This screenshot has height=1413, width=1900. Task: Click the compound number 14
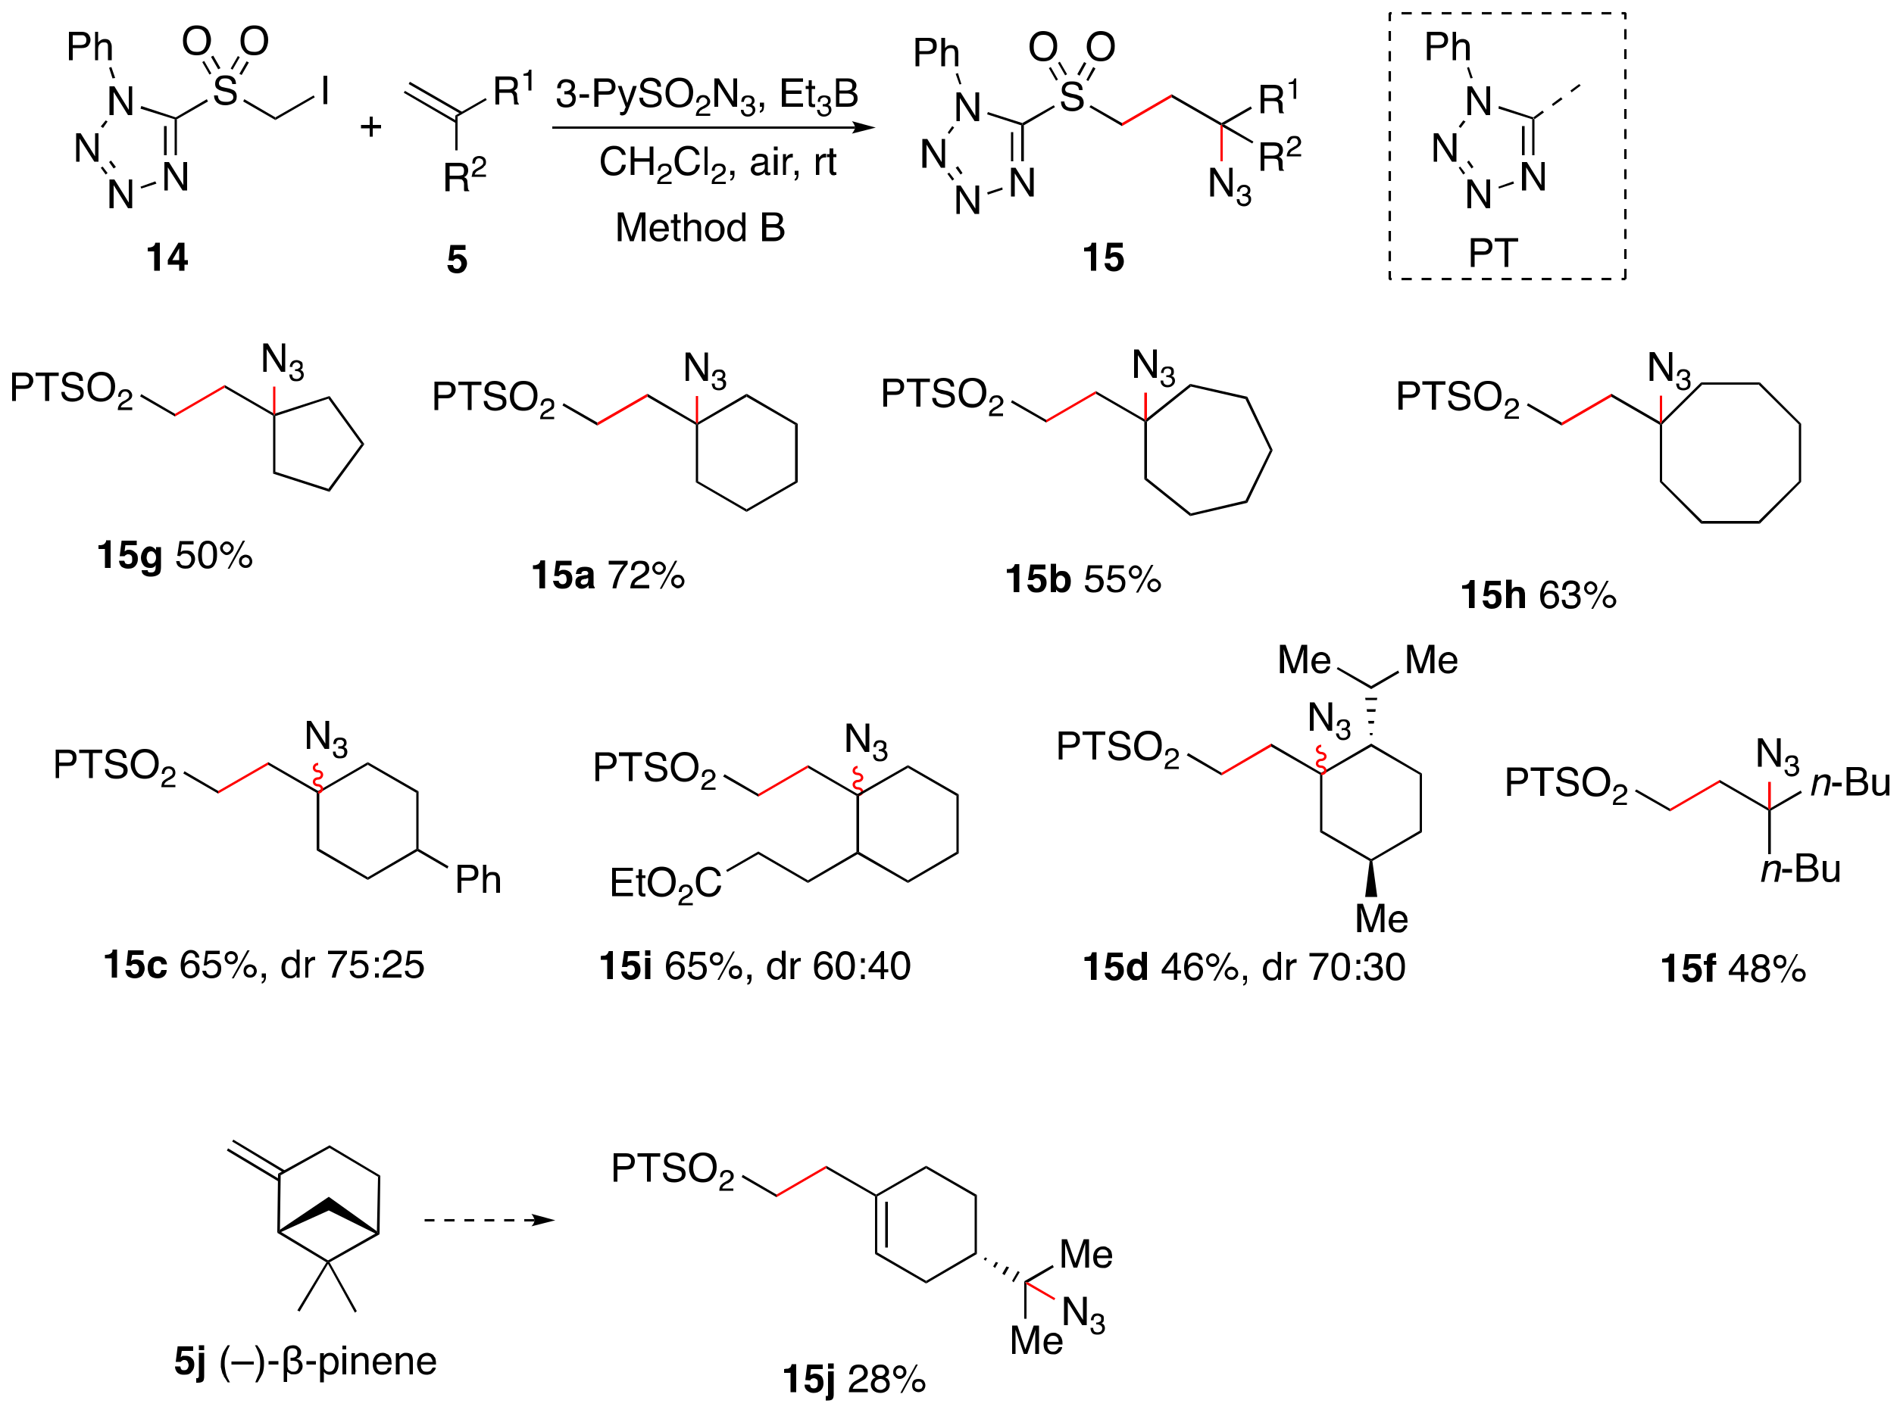[167, 257]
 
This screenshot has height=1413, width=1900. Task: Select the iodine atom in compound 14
[325, 90]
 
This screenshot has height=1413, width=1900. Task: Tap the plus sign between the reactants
[370, 127]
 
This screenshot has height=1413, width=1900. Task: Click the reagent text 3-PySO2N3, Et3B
[706, 94]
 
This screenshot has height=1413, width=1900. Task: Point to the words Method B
[700, 227]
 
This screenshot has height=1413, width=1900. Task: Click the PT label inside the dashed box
[1492, 253]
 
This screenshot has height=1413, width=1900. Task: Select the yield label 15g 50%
[174, 556]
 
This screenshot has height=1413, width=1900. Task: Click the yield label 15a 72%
[608, 575]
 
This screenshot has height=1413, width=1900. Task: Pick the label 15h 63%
[1538, 595]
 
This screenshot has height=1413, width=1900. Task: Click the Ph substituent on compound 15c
[477, 879]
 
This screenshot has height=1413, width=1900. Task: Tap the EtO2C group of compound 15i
[664, 884]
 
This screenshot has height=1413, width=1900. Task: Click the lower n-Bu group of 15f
[1801, 869]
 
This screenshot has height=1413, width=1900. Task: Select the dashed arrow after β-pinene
[489, 1220]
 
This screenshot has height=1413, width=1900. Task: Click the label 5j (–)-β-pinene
[305, 1361]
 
